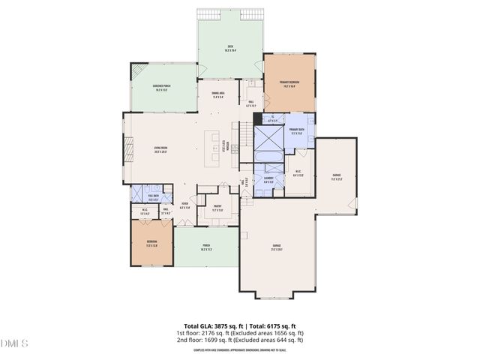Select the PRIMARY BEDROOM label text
coord(289,84)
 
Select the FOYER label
coord(184,204)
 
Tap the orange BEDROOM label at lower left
coord(151,243)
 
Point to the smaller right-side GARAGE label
coord(336,177)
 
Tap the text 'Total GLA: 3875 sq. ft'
coord(206,326)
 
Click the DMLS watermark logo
coord(15,343)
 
